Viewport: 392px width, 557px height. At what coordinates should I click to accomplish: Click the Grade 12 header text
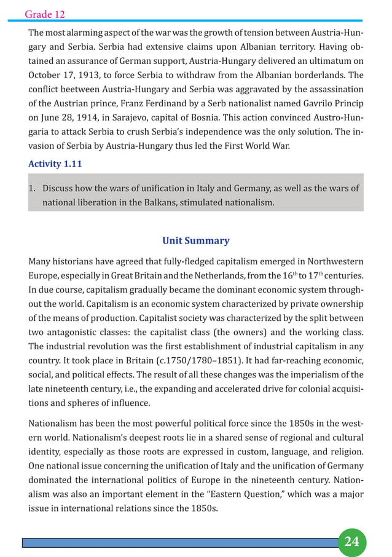(45, 14)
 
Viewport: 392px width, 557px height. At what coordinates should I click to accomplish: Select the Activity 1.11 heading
(55, 164)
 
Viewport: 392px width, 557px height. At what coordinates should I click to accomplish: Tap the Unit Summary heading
(195, 241)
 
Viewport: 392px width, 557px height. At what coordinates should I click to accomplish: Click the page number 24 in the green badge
(351, 541)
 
